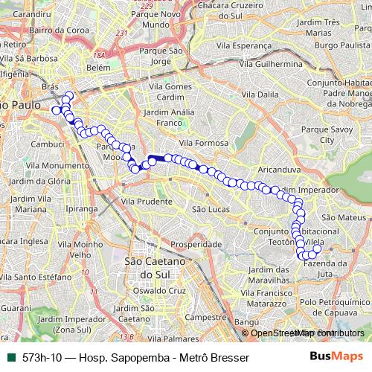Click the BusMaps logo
[x=337, y=357]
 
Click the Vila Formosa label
[x=202, y=142]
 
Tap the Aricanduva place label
[x=279, y=170]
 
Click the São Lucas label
[x=208, y=210]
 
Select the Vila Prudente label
[x=146, y=201]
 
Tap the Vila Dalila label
[x=271, y=94]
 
